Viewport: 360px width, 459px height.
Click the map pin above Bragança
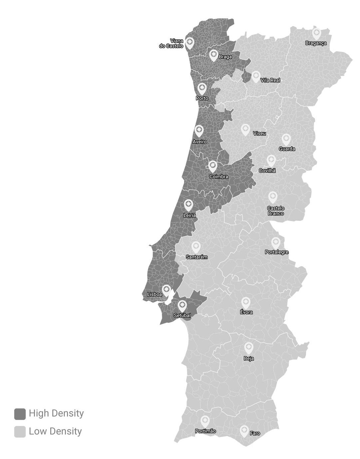(x=316, y=33)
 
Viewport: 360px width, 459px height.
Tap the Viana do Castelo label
(x=172, y=44)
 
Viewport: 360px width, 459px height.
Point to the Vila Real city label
(x=270, y=80)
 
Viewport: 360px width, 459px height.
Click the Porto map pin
(x=202, y=89)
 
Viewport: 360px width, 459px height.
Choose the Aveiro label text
(x=199, y=142)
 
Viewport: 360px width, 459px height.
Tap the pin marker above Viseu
(x=245, y=129)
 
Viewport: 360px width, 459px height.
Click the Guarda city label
(x=287, y=149)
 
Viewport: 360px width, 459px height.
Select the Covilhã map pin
(x=271, y=160)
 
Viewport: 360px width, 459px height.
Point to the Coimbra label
(x=218, y=176)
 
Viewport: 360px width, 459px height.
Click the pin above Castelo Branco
(x=273, y=197)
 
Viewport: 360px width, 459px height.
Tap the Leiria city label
(x=189, y=215)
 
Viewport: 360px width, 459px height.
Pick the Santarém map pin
(x=196, y=247)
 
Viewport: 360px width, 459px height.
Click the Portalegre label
(x=276, y=252)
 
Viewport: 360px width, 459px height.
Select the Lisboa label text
(x=154, y=294)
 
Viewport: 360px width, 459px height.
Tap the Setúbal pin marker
(x=182, y=305)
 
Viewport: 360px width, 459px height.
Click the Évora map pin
(x=245, y=302)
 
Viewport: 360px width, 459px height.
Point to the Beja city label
(x=248, y=359)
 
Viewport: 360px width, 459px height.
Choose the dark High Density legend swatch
(x=20, y=414)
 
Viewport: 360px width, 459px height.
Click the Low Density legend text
(x=55, y=431)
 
